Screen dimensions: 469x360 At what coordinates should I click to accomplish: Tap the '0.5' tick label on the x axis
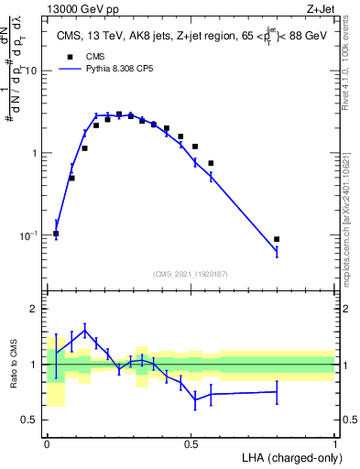point(191,443)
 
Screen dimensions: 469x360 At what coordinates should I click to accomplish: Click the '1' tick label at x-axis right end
point(335,443)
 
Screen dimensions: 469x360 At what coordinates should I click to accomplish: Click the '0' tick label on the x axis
point(47,443)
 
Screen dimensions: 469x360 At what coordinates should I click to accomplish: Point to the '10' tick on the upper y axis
point(31,71)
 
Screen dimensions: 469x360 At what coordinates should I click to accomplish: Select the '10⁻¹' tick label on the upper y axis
point(29,235)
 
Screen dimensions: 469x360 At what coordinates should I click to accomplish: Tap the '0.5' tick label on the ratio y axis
point(32,420)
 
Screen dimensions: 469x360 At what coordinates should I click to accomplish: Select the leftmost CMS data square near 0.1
point(57,234)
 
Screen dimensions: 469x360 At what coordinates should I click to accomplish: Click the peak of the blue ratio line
point(84,331)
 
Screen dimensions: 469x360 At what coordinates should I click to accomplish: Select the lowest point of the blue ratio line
point(195,399)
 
